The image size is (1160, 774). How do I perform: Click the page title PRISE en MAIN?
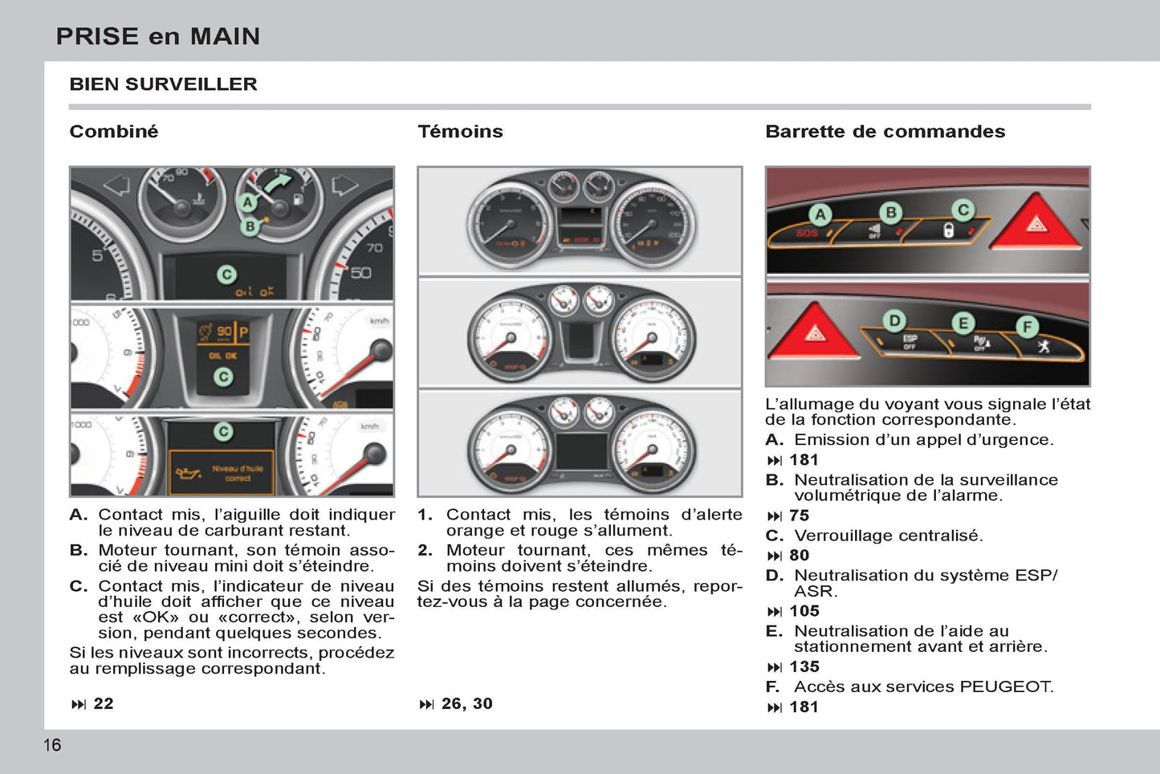(158, 36)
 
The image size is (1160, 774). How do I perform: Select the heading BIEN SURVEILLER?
(163, 84)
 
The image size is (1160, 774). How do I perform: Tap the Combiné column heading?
(114, 132)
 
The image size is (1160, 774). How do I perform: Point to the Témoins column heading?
(460, 132)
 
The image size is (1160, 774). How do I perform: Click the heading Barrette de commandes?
(885, 132)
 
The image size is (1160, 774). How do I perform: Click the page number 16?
(52, 745)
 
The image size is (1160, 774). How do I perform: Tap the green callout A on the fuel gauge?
(248, 203)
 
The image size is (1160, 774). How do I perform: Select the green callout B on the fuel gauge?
(250, 226)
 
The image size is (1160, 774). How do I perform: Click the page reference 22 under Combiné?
(103, 704)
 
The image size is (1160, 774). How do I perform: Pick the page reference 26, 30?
(466, 704)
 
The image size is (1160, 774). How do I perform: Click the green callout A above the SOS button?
(820, 214)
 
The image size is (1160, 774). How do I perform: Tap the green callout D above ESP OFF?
(894, 321)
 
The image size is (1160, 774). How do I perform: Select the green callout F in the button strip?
(1027, 327)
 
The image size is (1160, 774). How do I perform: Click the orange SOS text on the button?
(806, 234)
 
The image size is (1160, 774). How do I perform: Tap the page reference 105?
(804, 611)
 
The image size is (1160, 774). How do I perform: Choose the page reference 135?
(804, 667)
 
